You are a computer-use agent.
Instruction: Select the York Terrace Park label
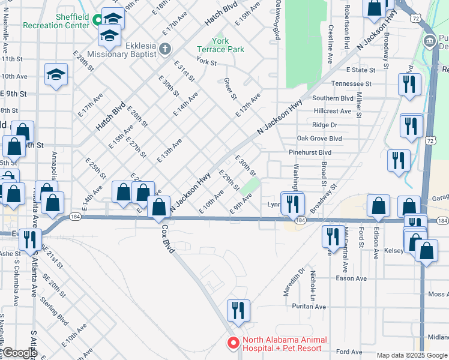pos(220,45)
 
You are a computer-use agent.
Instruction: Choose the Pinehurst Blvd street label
pos(310,152)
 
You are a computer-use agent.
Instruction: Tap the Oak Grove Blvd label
pos(319,139)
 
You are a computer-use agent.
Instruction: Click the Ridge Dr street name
pos(325,125)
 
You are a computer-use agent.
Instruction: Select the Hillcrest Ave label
pos(332,111)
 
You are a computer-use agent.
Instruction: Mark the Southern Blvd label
pos(333,98)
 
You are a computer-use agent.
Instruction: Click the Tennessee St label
pos(351,83)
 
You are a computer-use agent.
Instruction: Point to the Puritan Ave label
pos(306,307)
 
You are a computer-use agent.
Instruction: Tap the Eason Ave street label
pos(351,278)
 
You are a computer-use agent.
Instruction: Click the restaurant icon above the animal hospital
pos(238,310)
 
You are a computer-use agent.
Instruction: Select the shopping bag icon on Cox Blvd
pos(159,207)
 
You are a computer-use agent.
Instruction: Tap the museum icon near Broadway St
pos(430,41)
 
